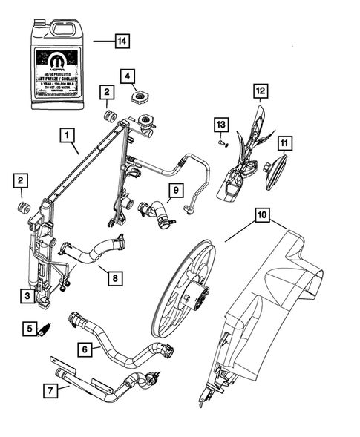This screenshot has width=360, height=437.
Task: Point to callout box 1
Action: click(x=68, y=136)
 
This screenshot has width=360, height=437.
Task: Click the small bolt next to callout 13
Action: click(x=222, y=143)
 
